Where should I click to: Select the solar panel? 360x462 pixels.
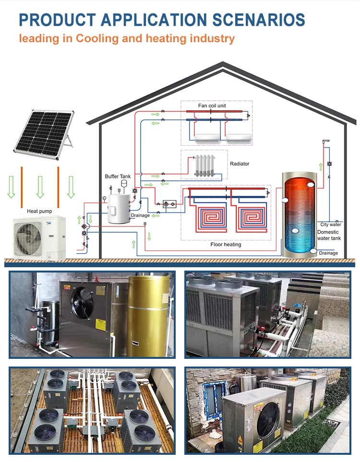[x=43, y=131]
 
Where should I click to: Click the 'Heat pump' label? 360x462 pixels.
[x=39, y=211]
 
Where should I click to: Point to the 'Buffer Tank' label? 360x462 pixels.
[x=118, y=177]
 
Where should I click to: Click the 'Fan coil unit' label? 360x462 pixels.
[x=212, y=106]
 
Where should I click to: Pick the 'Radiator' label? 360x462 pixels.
[x=240, y=164]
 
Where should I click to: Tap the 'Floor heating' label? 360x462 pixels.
[x=226, y=245]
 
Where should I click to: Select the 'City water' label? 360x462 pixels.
[x=331, y=225]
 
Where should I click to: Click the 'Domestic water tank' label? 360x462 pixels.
[x=329, y=235]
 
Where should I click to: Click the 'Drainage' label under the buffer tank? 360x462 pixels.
[x=140, y=216]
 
